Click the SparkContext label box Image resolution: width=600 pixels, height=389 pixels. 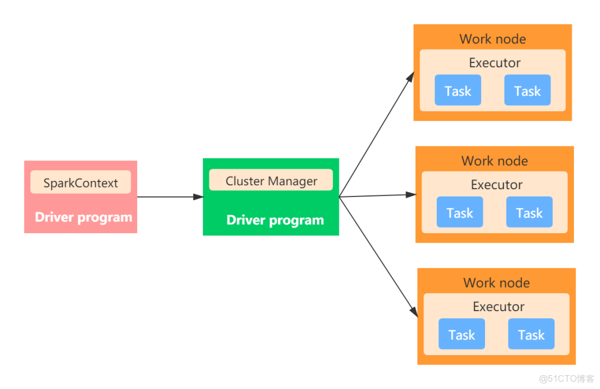pyautogui.click(x=81, y=183)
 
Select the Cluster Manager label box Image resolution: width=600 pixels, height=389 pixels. pyautogui.click(x=271, y=180)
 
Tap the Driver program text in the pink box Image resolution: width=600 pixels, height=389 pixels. pyautogui.click(x=83, y=217)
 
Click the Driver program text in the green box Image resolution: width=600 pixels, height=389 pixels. pyautogui.click(x=275, y=220)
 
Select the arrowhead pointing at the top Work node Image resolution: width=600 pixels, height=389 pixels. pyautogui.click(x=410, y=78)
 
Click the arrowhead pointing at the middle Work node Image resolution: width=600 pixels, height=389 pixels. pyautogui.click(x=411, y=195)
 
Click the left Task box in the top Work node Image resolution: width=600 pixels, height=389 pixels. pyautogui.click(x=458, y=90)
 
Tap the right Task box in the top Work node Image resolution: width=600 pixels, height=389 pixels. pyautogui.click(x=527, y=90)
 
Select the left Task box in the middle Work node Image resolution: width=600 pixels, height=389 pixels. pyautogui.click(x=459, y=212)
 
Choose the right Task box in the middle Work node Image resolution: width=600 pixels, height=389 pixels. pyautogui.click(x=529, y=212)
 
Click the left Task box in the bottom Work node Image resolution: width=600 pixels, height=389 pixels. pyautogui.click(x=462, y=334)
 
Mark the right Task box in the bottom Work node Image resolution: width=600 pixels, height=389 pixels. pyautogui.click(x=531, y=334)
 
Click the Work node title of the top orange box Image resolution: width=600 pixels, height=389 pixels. pyautogui.click(x=492, y=39)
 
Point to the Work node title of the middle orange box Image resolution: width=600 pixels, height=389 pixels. pyautogui.click(x=494, y=161)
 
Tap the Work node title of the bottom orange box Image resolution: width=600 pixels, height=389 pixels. pyautogui.click(x=496, y=283)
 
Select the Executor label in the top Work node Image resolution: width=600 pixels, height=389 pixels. pyautogui.click(x=494, y=63)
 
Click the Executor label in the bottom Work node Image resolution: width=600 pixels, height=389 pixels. pyautogui.click(x=498, y=307)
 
